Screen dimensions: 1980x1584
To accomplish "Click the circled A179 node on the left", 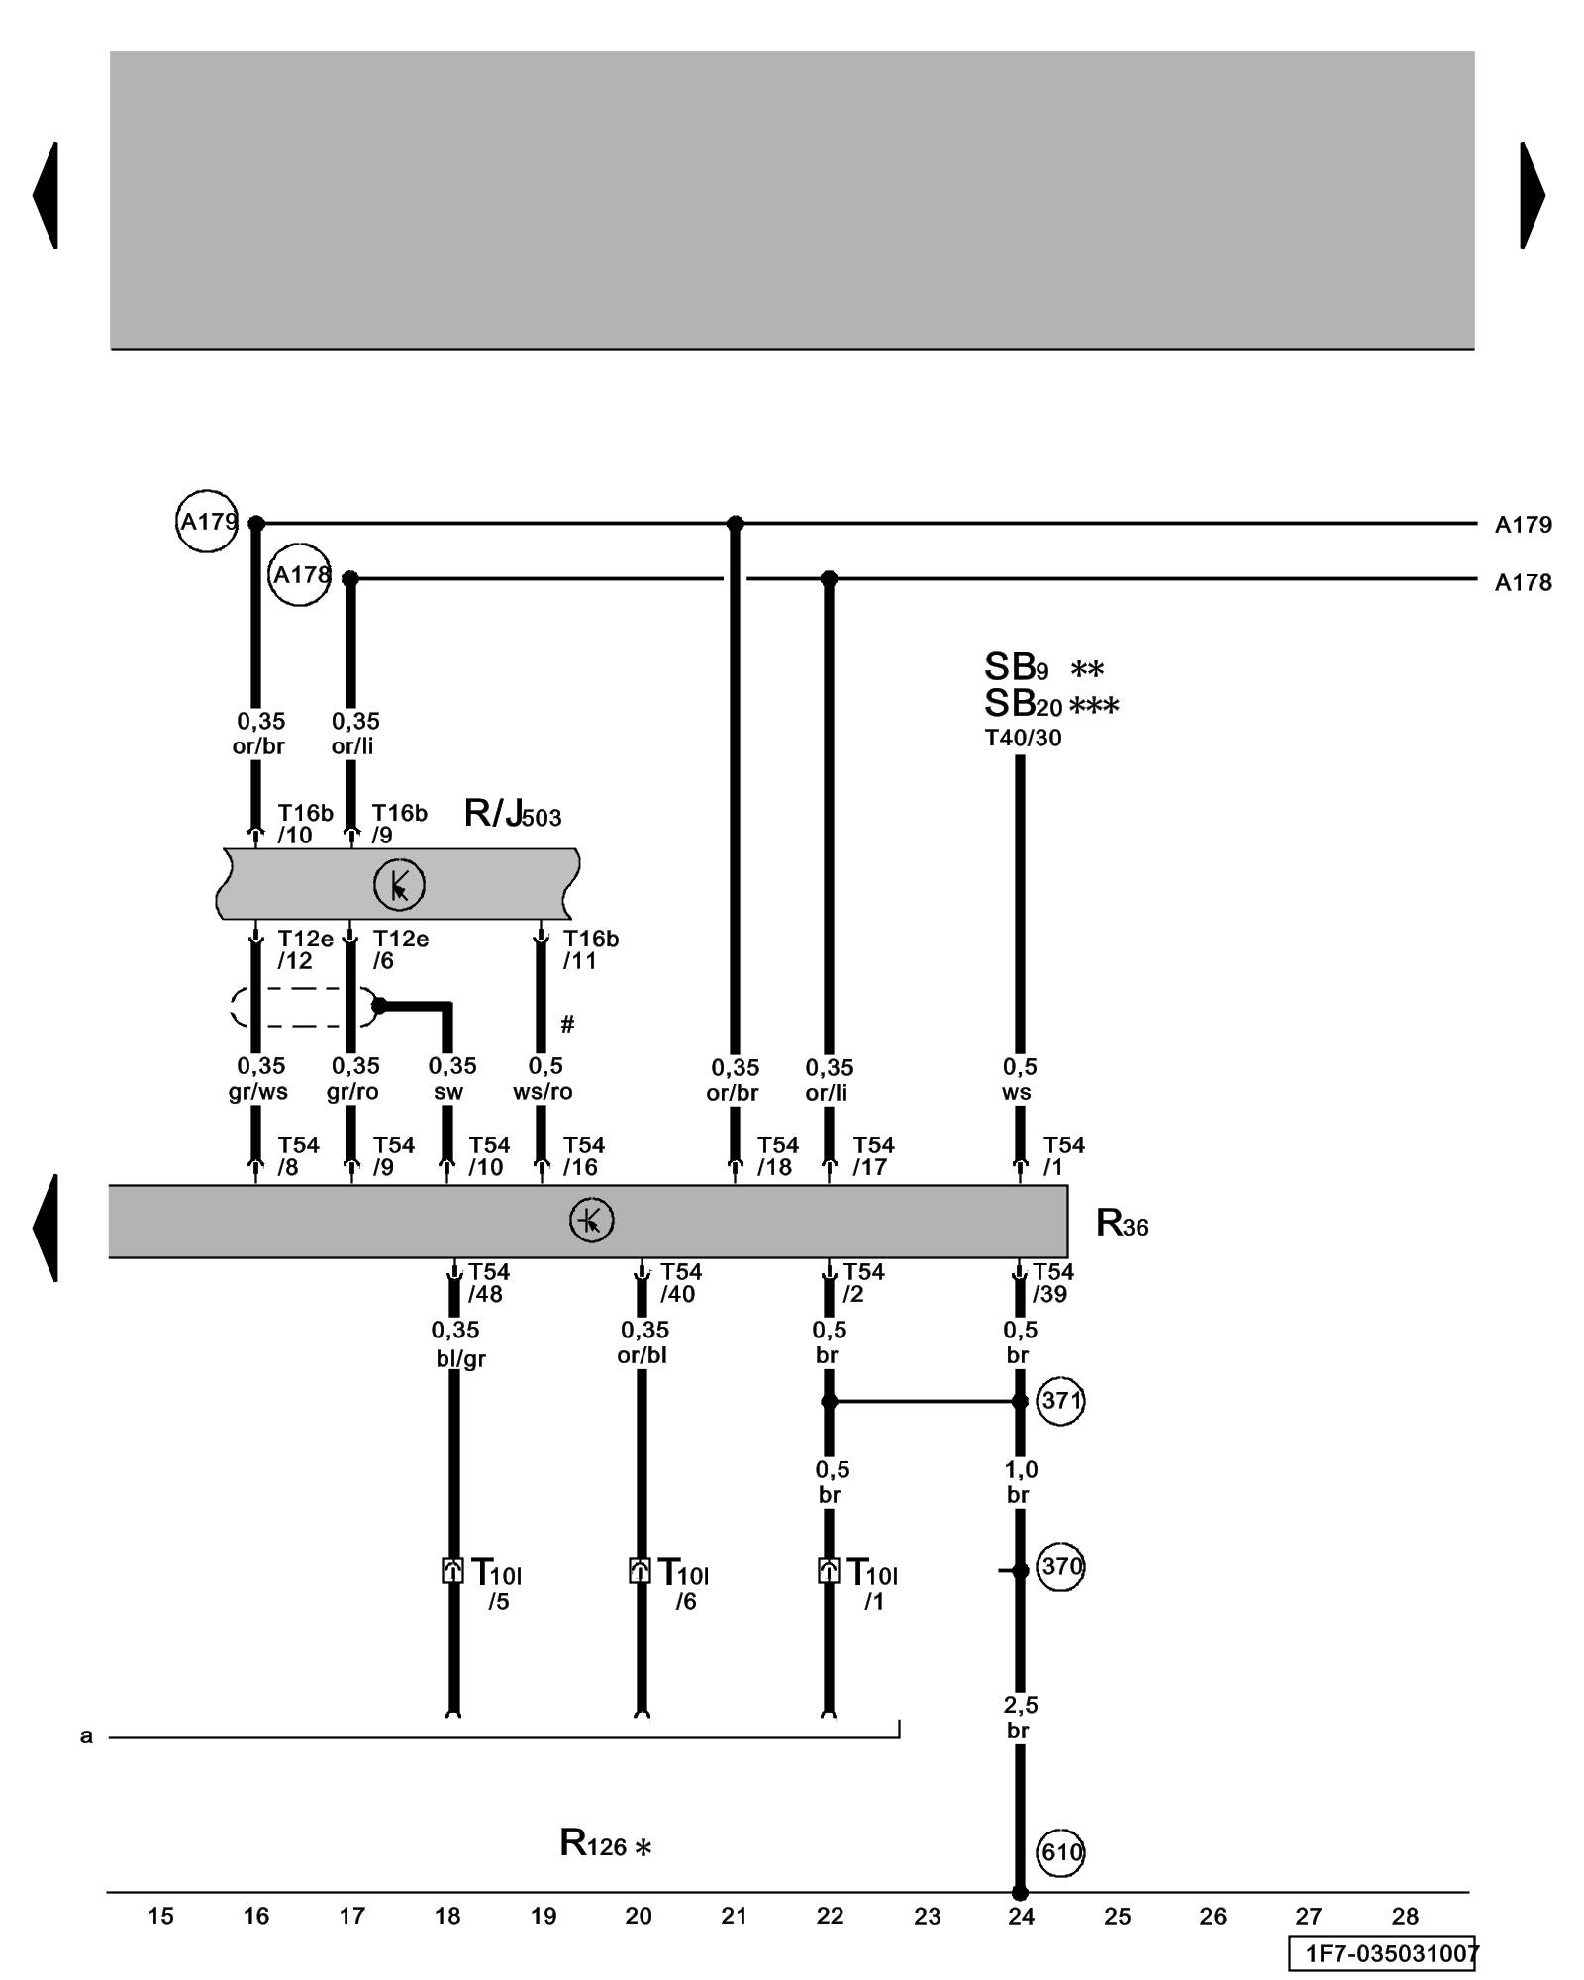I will (207, 521).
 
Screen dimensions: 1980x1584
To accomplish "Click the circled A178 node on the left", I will (299, 574).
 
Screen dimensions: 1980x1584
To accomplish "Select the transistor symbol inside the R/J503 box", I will (399, 885).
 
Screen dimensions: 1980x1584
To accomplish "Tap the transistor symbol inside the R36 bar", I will (592, 1221).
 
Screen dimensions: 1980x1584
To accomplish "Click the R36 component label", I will (1122, 1225).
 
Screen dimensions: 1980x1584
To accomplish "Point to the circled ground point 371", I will (1060, 1401).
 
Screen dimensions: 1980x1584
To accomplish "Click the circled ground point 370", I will (1060, 1567).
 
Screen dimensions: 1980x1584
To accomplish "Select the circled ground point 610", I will (1060, 1851).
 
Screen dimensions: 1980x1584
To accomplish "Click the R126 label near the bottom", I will (605, 1843).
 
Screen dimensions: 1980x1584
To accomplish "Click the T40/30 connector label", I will (1023, 738).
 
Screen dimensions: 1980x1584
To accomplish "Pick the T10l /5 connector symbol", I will (452, 1571).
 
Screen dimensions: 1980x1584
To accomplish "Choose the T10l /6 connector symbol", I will (641, 1571).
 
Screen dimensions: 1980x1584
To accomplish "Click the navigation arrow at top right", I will (1532, 195).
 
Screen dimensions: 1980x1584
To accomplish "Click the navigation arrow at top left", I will (46, 195).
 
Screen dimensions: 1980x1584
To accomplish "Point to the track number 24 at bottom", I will (1021, 1917).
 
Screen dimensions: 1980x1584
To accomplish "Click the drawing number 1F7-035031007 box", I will (1382, 1953).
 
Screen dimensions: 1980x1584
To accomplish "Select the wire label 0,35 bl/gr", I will (458, 1343).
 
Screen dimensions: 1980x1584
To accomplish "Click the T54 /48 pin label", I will (487, 1282).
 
